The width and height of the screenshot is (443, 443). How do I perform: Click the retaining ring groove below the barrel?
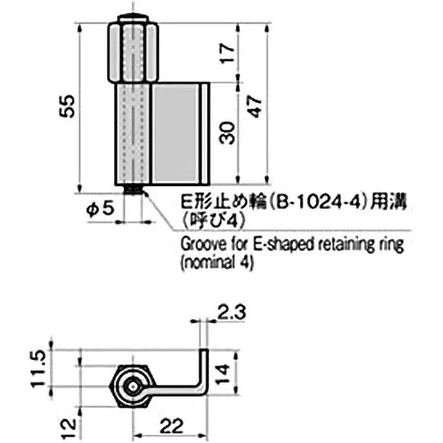pyautogui.click(x=133, y=190)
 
